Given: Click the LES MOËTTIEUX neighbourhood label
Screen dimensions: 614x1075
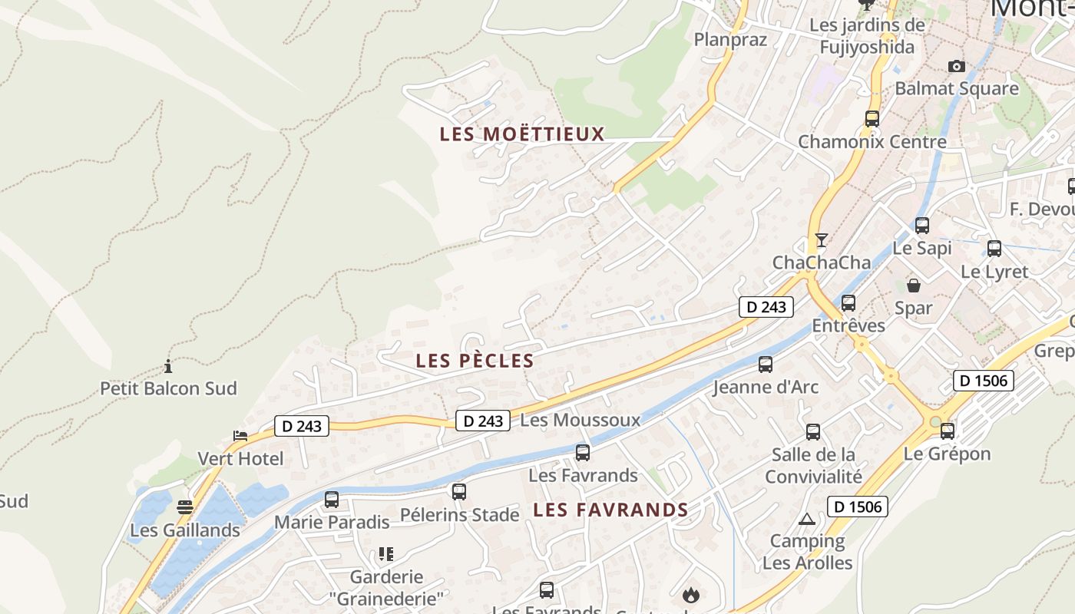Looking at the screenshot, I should point(522,134).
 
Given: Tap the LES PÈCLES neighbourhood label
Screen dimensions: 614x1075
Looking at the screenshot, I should point(475,361).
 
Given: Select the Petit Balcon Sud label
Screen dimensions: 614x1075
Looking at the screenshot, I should point(168,388).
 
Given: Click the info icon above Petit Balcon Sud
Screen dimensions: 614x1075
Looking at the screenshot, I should point(168,366).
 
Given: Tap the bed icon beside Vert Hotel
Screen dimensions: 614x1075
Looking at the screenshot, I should point(240,436).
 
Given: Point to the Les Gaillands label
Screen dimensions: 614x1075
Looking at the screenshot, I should point(185,530).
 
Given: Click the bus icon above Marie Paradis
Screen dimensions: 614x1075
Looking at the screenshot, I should point(332,500).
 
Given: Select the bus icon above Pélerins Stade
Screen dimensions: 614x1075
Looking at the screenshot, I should point(458,492).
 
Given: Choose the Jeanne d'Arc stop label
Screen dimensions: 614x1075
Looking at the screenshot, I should point(766,387).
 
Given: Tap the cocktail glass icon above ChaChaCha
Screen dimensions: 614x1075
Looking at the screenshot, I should point(821,240).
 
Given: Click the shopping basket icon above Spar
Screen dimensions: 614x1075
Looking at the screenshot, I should point(914,286).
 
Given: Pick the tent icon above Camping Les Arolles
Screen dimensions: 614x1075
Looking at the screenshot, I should point(806,519).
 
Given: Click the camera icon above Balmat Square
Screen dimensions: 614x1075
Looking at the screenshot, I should point(956,66).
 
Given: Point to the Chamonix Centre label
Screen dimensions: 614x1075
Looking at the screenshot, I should point(872,142).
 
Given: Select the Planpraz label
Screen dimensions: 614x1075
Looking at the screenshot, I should point(730,39).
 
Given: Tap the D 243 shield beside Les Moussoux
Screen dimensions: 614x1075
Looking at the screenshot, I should point(483,421).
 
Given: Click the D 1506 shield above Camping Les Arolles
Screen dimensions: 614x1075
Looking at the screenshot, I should point(857,507).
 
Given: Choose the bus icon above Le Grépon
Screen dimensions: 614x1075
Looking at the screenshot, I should point(948,431).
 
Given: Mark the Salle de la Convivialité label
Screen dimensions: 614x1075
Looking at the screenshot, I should point(813,466).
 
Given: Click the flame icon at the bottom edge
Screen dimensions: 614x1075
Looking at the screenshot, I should point(691,595).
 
